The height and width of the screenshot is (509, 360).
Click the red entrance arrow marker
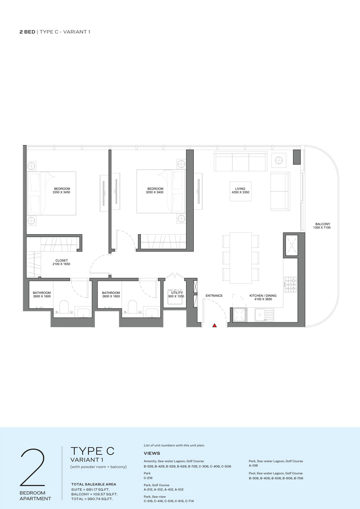215,325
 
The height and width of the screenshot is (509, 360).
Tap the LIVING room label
240,189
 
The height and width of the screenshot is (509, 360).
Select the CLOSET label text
61,260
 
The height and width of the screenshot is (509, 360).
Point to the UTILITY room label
177,293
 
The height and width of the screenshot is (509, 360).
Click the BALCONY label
323,224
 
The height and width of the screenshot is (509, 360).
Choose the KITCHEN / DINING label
263,296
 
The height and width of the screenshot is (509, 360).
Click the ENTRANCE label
214,296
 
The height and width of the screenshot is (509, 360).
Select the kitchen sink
264,314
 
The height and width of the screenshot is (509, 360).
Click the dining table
240,258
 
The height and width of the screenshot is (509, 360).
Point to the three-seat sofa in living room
240,162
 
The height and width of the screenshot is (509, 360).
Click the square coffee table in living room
240,191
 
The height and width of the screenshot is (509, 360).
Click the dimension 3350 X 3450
61,192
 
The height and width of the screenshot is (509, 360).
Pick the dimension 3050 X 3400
155,192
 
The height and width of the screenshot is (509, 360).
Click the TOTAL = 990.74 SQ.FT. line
92,499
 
